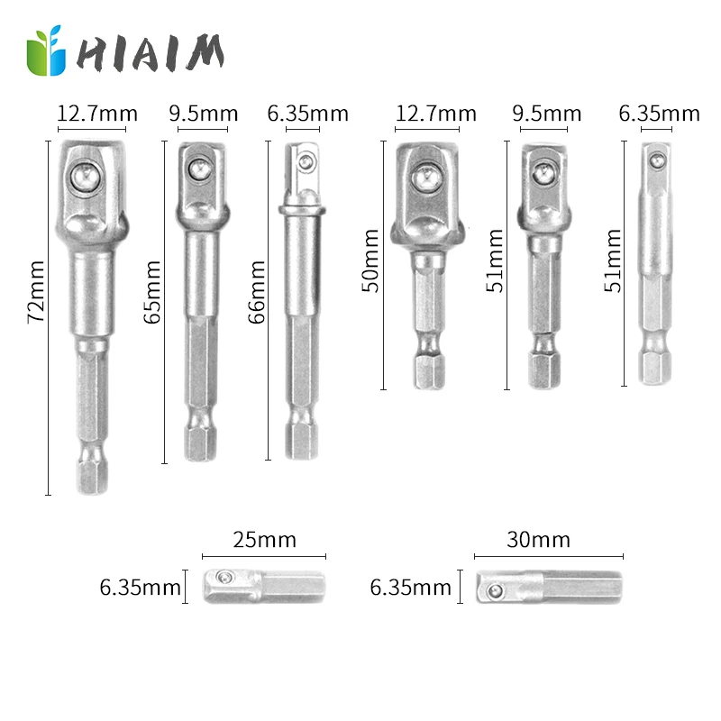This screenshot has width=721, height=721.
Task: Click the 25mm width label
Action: pyautogui.click(x=264, y=540)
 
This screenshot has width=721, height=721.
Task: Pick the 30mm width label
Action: pyautogui.click(x=539, y=540)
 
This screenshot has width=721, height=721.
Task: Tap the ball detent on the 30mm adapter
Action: pyautogui.click(x=494, y=591)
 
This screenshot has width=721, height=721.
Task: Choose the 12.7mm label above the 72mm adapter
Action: pyautogui.click(x=97, y=114)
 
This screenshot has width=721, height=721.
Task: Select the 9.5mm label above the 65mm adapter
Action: pyautogui.click(x=204, y=114)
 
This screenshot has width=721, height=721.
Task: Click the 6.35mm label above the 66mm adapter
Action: pyautogui.click(x=307, y=114)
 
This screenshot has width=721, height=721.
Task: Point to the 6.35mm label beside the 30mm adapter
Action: pyautogui.click(x=410, y=589)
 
